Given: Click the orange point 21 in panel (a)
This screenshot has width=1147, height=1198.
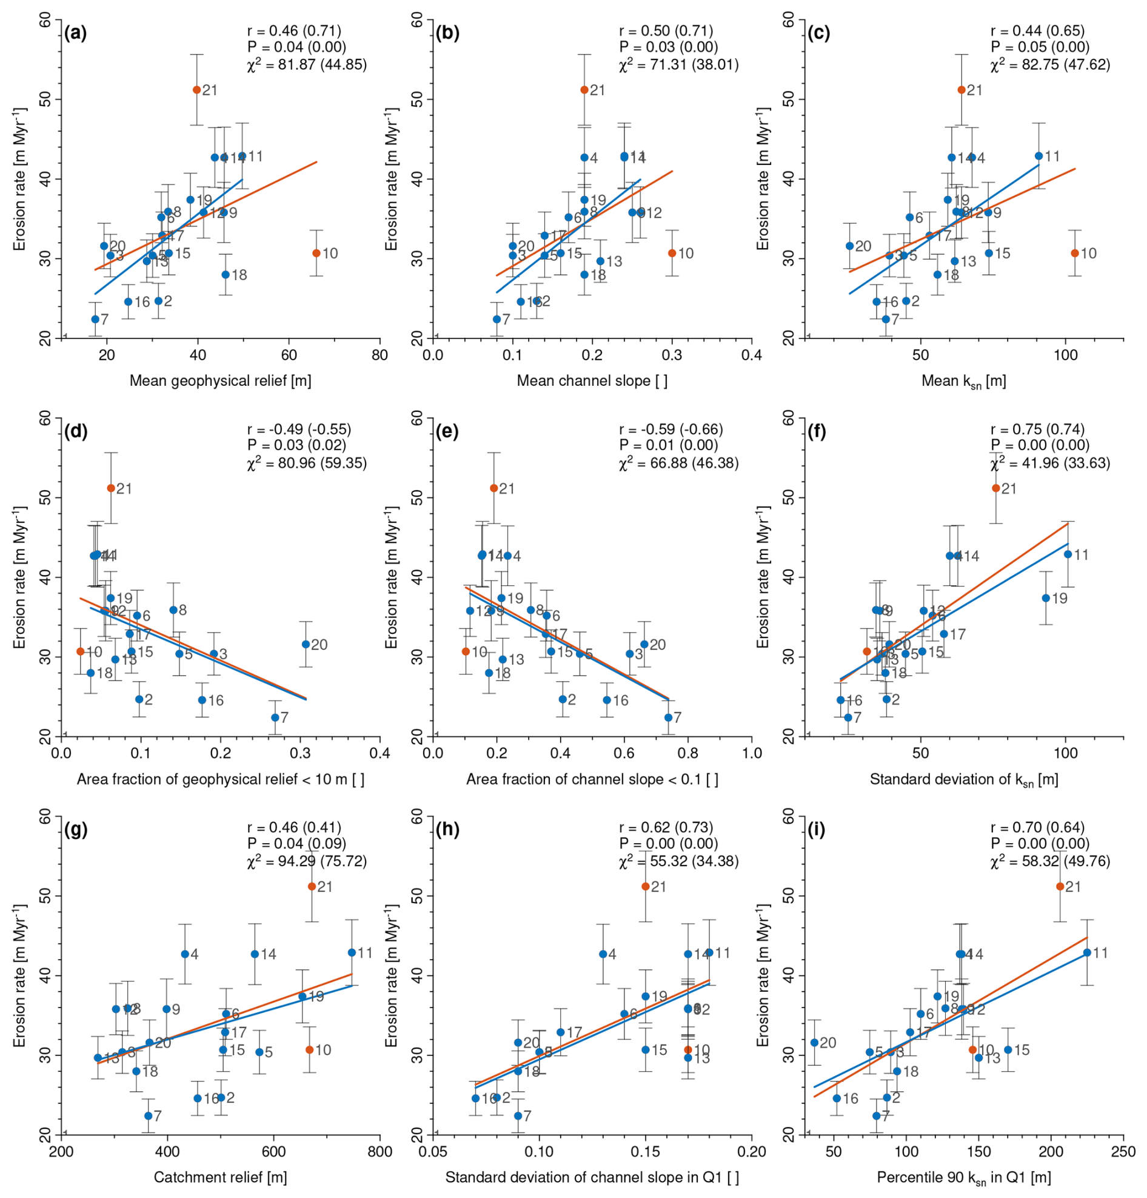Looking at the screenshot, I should (196, 90).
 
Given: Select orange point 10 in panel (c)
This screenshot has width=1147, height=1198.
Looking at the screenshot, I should (1074, 253).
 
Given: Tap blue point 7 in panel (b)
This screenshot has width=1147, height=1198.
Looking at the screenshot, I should (497, 319).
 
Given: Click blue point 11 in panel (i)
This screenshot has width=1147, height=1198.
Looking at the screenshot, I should (1086, 952).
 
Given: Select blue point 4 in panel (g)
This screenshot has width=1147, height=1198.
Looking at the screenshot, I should (185, 954).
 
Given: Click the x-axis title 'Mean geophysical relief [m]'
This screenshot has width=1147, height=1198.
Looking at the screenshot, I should (221, 381).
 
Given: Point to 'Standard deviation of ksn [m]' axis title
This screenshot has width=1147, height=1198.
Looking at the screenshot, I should (964, 779).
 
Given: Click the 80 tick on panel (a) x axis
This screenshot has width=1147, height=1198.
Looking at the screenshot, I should (380, 355).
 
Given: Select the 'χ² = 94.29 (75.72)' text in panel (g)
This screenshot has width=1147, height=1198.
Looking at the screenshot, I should (307, 861).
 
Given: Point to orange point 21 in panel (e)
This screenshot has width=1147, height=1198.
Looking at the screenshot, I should (493, 488).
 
